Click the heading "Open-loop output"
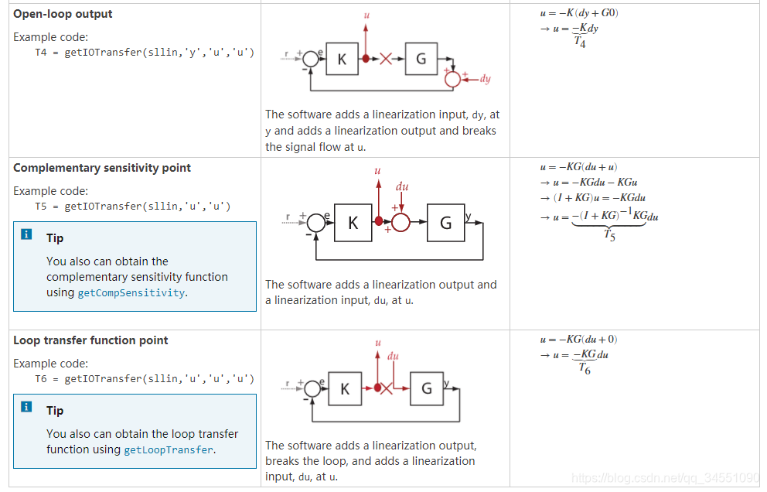pos(63,14)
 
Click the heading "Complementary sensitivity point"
pos(102,168)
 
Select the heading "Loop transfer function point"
pos(90,340)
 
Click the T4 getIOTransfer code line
pos(145,53)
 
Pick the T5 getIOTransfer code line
pos(133,207)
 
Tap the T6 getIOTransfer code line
pos(145,379)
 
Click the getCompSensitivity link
pos(131,292)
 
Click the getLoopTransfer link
pos(169,449)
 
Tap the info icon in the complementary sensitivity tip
pos(27,234)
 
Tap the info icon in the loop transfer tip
pos(27,407)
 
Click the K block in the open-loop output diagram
pos(342,59)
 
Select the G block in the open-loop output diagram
pos(421,59)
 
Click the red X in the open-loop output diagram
pos(386,59)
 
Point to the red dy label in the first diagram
pos(485,78)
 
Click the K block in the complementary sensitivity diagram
pos(353,223)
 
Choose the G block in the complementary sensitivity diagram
pos(446,223)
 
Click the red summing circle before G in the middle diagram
pos(401,223)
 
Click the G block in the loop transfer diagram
pos(427,388)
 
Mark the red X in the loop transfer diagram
pos(387,388)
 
